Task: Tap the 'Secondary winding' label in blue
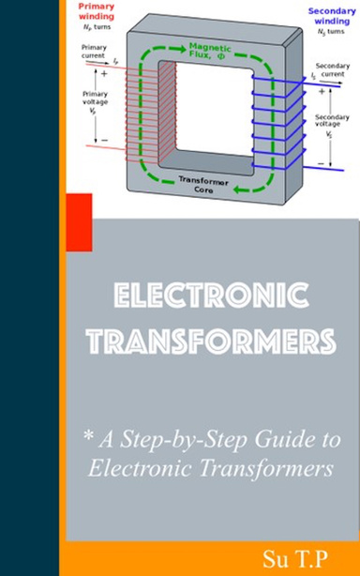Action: click(x=332, y=19)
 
